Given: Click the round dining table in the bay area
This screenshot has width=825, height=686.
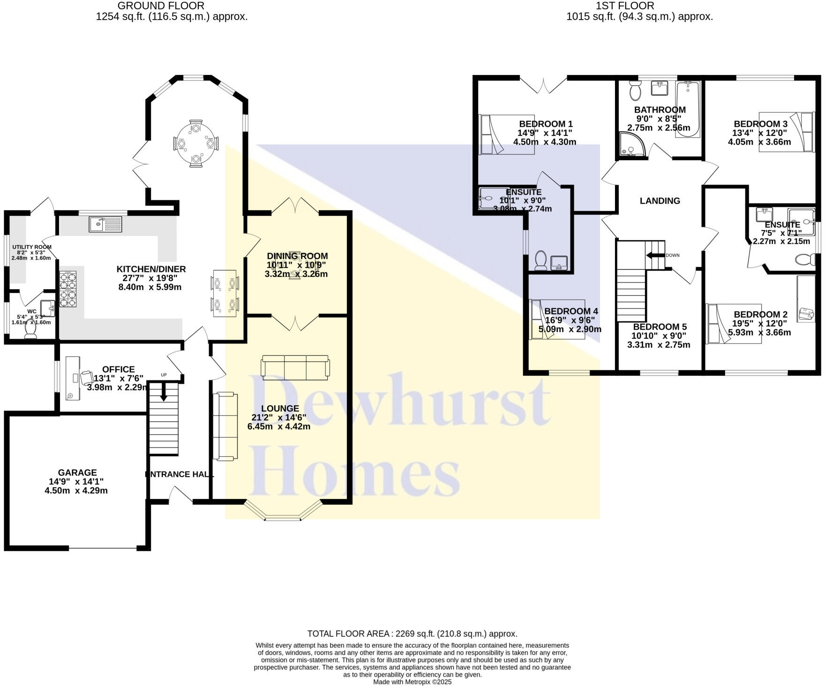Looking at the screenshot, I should tap(195, 143).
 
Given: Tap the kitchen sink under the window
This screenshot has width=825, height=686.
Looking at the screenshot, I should tap(105, 224).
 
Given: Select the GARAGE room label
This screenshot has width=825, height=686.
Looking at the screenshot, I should tap(77, 473).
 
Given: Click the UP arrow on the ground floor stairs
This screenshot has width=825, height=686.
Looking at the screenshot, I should tap(164, 391).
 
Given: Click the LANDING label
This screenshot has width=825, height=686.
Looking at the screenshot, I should tap(660, 201).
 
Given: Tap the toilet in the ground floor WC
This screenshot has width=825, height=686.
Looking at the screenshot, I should tap(31, 329).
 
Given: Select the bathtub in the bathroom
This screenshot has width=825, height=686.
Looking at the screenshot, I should tap(688, 109).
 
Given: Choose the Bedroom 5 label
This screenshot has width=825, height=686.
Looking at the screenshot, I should tap(660, 327).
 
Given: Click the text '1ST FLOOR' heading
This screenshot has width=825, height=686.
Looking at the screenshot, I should tap(624, 6).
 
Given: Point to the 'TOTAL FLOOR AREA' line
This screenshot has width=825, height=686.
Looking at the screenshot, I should tap(412, 634).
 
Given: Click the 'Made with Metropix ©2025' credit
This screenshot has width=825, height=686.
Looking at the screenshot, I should tap(412, 682).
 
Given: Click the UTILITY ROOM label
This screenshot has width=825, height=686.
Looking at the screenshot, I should tap(32, 247).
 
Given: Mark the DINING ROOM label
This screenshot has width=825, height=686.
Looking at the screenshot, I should tap(297, 256).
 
